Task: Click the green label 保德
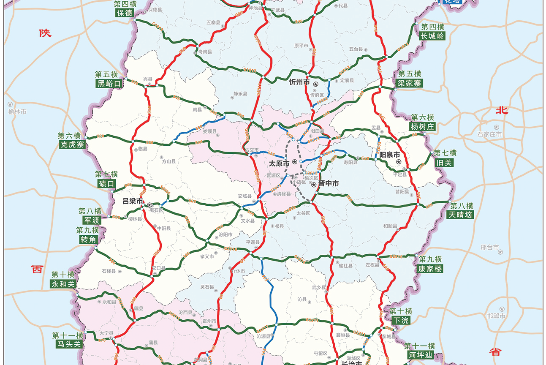125,13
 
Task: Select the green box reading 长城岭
432,36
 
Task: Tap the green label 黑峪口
109,83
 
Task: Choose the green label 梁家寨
409,83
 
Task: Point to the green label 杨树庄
422,126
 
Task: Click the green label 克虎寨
72,145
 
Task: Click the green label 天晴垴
460,215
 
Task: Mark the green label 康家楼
430,269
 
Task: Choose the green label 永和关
63,284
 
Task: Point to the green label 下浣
400,321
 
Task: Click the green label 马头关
68,344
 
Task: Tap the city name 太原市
280,163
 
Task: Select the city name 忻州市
299,82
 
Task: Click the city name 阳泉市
389,155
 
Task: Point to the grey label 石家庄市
490,134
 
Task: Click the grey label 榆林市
17,112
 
